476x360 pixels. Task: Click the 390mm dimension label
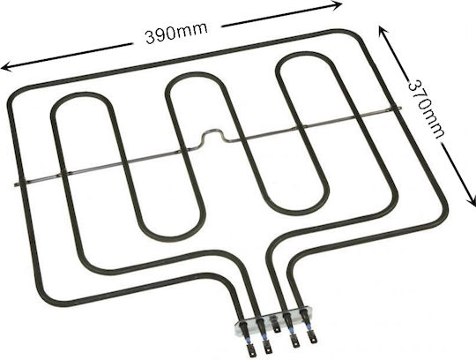tap(176, 33)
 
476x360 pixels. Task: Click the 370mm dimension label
tap(426, 109)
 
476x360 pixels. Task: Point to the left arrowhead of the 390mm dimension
tap(7, 66)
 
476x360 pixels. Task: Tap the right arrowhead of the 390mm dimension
tap(337, 5)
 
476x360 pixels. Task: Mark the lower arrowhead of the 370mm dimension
tap(471, 201)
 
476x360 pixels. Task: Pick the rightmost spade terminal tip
tap(311, 338)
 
